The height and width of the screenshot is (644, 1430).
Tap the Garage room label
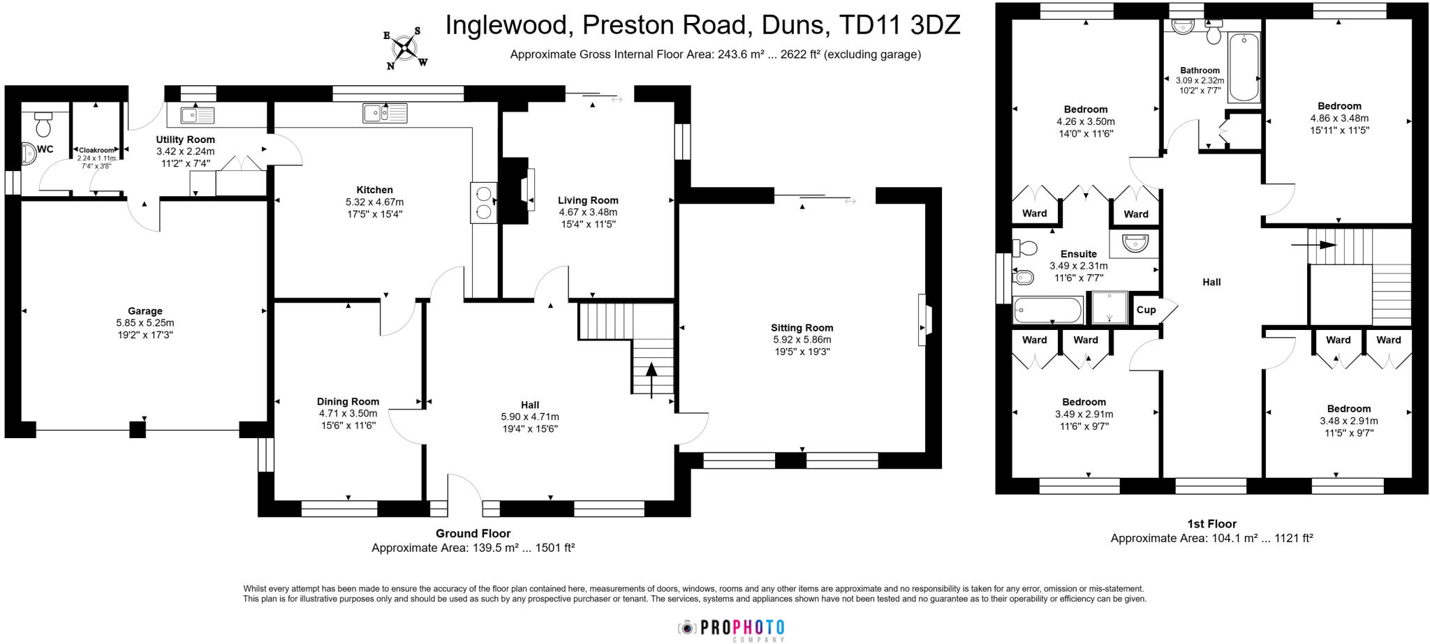point(145,311)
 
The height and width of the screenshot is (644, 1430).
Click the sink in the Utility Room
point(197,115)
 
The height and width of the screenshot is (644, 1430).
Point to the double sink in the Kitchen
point(385,112)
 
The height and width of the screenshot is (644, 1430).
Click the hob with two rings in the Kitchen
point(483,202)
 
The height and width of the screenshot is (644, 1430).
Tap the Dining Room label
point(348,401)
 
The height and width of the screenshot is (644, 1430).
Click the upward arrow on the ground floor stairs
point(651,380)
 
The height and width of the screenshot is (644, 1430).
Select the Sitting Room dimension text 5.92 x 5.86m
point(802,340)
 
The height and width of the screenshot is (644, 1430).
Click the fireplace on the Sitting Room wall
point(924,320)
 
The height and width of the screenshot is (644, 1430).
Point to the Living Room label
point(588,200)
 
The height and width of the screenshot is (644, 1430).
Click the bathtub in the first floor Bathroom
point(1244,68)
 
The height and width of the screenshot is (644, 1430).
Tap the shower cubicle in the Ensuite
point(1109,308)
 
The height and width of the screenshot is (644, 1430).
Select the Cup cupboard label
point(1146,310)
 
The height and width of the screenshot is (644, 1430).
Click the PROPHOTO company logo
point(732,628)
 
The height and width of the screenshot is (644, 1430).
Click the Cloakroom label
point(96,150)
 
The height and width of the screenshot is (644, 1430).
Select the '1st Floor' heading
point(1211,524)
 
